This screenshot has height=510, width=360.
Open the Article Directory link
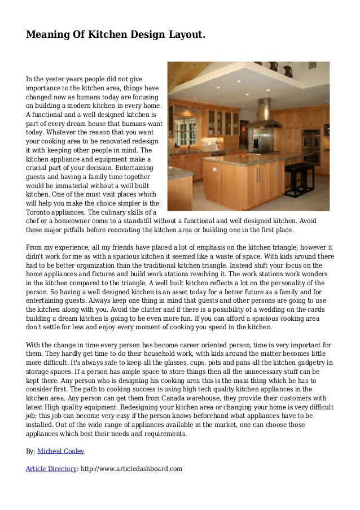click(50, 468)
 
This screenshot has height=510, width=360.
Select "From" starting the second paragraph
click(35, 247)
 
